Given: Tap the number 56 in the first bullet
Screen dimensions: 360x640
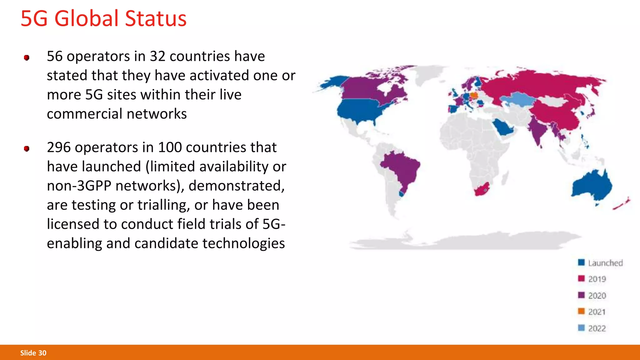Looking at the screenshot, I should click(x=55, y=57).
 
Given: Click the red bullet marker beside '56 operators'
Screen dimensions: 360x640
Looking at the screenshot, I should click(x=27, y=57).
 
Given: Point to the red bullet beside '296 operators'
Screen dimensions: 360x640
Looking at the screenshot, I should click(x=27, y=148).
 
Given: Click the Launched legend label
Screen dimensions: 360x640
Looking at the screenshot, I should click(x=605, y=263).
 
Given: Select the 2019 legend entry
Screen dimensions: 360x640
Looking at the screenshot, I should click(x=597, y=279).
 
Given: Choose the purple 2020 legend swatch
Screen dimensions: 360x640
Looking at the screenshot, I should click(x=581, y=295).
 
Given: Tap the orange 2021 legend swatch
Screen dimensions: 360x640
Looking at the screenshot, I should click(x=581, y=311).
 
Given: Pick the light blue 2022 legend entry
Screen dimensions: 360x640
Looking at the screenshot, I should click(x=597, y=328).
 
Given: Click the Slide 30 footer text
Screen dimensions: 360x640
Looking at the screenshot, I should click(x=33, y=353).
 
